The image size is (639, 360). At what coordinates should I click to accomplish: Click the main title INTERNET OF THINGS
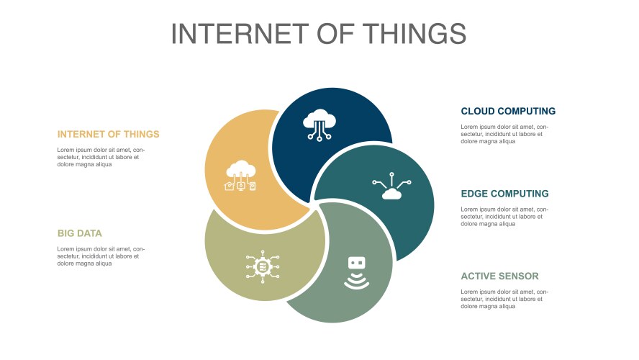(319, 33)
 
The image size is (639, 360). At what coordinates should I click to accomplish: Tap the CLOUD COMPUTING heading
(508, 112)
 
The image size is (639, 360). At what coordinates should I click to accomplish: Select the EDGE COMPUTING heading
(505, 194)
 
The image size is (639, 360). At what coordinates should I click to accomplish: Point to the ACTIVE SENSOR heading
(499, 276)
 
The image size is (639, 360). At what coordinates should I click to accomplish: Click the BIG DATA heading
(79, 233)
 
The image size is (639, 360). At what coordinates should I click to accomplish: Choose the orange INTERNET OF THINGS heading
(109, 134)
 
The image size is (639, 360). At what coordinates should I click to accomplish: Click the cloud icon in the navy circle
(319, 125)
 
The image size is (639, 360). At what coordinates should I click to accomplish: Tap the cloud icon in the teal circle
(391, 186)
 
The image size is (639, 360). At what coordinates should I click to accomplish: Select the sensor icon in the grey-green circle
(357, 273)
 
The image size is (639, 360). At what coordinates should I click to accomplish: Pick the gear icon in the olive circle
(263, 266)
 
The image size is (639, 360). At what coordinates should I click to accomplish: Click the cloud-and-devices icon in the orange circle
(241, 175)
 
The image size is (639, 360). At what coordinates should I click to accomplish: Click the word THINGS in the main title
(414, 33)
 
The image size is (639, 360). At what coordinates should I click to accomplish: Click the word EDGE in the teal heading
(475, 194)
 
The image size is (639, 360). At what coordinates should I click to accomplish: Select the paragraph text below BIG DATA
(101, 256)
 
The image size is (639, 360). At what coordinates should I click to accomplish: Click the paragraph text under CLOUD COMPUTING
(504, 134)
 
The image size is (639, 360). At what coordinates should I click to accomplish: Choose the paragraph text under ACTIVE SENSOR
(504, 299)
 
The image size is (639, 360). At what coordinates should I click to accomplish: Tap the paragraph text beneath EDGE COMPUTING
(504, 217)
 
